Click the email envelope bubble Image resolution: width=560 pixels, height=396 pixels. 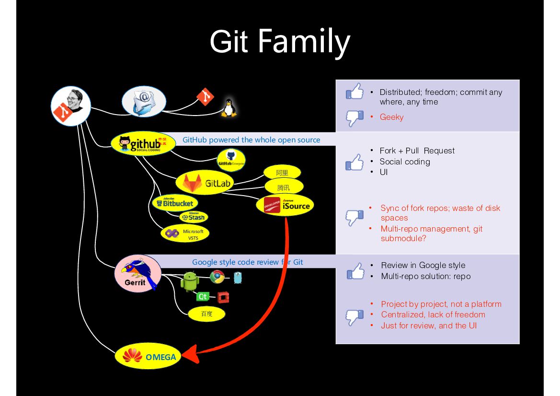pyautogui.click(x=143, y=102)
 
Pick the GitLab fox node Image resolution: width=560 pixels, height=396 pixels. pyautogui.click(x=205, y=183)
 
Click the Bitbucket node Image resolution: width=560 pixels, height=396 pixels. pyautogui.click(x=175, y=203)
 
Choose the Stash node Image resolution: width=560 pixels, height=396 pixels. pyautogui.click(x=194, y=217)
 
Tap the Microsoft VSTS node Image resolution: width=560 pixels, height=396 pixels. pyautogui.click(x=185, y=233)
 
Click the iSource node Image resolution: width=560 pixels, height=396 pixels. pyautogui.click(x=285, y=205)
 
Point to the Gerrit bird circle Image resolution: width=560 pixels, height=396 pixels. pyautogui.click(x=138, y=274)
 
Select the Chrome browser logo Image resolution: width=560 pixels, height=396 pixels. pyautogui.click(x=217, y=277)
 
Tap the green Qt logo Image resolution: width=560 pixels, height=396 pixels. pyautogui.click(x=203, y=297)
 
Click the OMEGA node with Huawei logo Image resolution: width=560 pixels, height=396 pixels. pyautogui.click(x=149, y=356)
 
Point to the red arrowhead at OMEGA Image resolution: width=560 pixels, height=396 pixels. pyautogui.click(x=191, y=355)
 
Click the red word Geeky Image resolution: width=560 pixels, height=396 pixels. pyautogui.click(x=391, y=117)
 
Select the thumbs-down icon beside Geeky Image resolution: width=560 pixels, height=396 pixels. pyautogui.click(x=354, y=118)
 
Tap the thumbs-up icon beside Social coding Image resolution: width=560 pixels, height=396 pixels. pyautogui.click(x=354, y=162)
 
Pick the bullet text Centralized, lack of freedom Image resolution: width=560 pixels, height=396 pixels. pyautogui.click(x=433, y=314)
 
